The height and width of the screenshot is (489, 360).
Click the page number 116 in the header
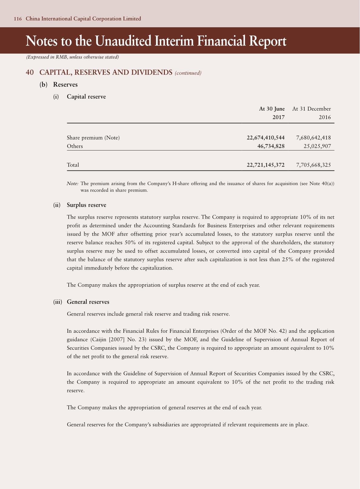(x=18, y=19)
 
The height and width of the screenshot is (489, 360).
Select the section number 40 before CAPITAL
(x=30, y=72)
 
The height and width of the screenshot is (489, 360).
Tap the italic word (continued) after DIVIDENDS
(x=188, y=73)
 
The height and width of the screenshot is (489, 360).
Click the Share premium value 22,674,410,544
(x=265, y=138)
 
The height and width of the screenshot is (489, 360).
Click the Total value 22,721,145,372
(x=265, y=165)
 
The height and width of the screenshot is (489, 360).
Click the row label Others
(x=75, y=146)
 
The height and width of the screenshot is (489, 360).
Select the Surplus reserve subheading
(x=87, y=205)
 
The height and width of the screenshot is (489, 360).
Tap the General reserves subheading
(x=88, y=302)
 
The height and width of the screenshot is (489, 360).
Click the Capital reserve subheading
(x=86, y=97)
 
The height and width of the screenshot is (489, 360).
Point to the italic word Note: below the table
(x=73, y=183)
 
